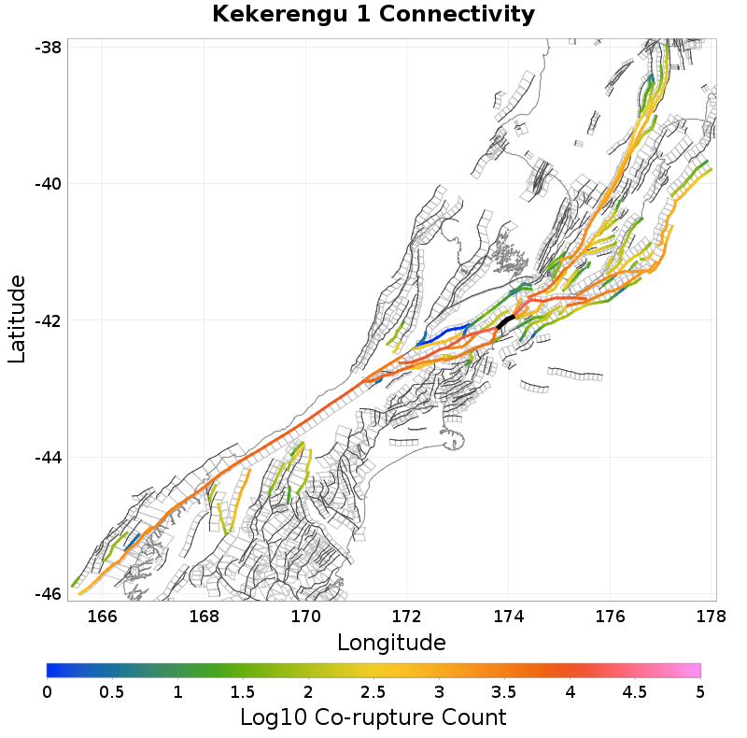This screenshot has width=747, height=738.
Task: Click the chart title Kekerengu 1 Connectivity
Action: click(373, 15)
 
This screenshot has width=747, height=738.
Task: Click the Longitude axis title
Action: click(391, 643)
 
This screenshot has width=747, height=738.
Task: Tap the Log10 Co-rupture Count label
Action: click(373, 717)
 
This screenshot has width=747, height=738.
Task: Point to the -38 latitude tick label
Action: click(48, 47)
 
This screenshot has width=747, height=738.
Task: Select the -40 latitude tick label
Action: click(48, 183)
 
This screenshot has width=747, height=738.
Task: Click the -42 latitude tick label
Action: click(48, 320)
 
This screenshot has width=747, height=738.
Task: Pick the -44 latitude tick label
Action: click(48, 457)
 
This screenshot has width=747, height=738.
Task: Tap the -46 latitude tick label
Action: click(48, 594)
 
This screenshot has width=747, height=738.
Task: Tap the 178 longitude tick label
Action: click(712, 616)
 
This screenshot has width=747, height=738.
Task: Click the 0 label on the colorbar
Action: click(48, 692)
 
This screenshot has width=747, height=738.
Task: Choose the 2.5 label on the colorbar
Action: click(373, 692)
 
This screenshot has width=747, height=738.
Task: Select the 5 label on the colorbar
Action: click(699, 692)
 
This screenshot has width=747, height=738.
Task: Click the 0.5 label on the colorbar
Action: click(112, 692)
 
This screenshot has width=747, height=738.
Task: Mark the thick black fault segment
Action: click(507, 322)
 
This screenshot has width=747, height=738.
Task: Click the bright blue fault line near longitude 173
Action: click(448, 332)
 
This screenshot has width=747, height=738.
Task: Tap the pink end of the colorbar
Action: click(691, 670)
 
